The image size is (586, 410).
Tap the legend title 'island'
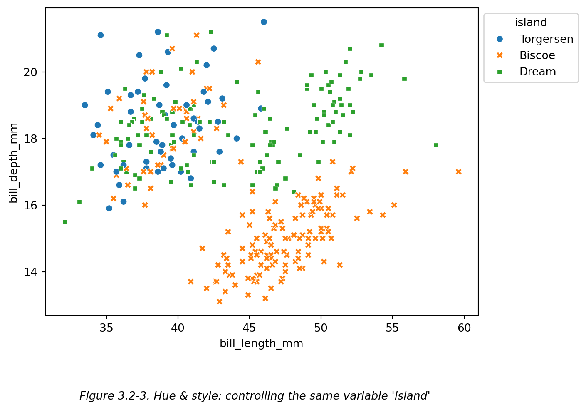[531, 22]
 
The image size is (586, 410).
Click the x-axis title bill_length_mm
[261, 343]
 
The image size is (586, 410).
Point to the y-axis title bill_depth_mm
[14, 163]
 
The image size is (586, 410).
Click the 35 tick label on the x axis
[106, 328]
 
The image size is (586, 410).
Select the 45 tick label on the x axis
[250, 328]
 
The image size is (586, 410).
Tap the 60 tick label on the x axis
[464, 328]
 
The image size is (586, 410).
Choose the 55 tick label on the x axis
[393, 328]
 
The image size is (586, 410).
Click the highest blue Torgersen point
[264, 22]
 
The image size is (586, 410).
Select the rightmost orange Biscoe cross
[458, 171]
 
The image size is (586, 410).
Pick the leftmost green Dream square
[65, 222]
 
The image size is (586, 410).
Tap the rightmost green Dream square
[436, 145]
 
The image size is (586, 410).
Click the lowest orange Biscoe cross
[220, 301]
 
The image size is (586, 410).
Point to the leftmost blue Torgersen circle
[85, 105]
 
